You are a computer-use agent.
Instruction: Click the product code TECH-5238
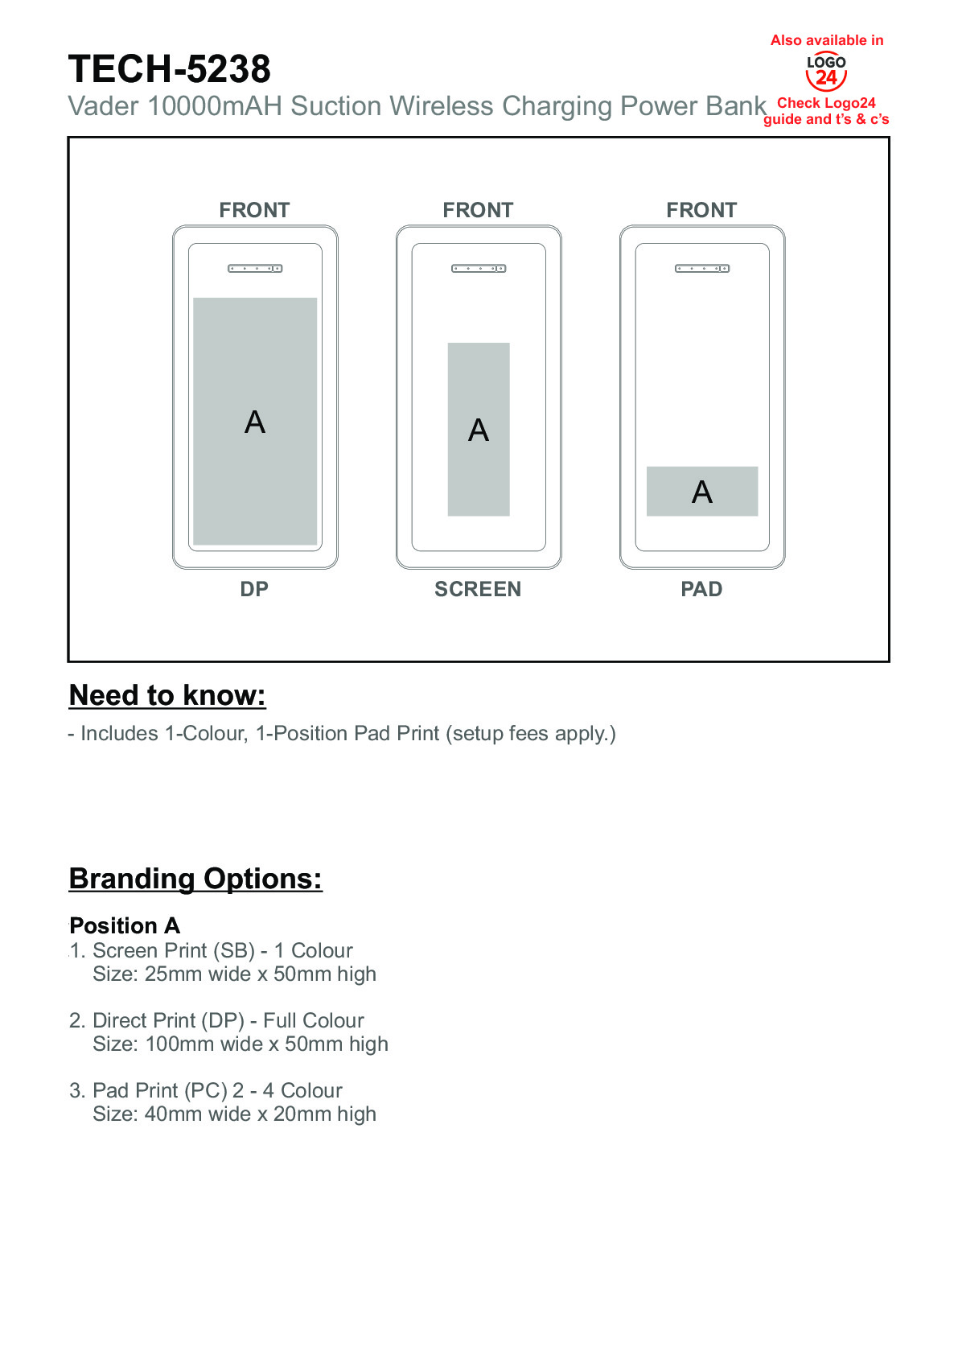coord(169,69)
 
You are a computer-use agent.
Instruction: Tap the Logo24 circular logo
coord(826,72)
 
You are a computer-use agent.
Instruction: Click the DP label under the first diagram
coord(254,589)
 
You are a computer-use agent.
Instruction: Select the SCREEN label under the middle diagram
coord(478,589)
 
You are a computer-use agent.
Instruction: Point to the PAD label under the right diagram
coord(701,589)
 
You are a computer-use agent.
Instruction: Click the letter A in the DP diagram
coord(255,422)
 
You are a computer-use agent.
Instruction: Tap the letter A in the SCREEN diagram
coord(479,430)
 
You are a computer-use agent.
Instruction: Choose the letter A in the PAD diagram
coord(702,492)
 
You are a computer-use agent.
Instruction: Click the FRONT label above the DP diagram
coord(254,210)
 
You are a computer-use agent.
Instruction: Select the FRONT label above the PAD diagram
coord(701,210)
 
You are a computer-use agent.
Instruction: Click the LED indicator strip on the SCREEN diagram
coord(479,269)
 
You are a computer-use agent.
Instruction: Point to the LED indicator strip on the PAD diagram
coord(702,269)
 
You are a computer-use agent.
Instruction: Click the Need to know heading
coord(167,695)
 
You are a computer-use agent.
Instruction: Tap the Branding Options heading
coord(195,879)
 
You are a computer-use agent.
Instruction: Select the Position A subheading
coord(125,925)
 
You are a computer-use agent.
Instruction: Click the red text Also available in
coord(827,40)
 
